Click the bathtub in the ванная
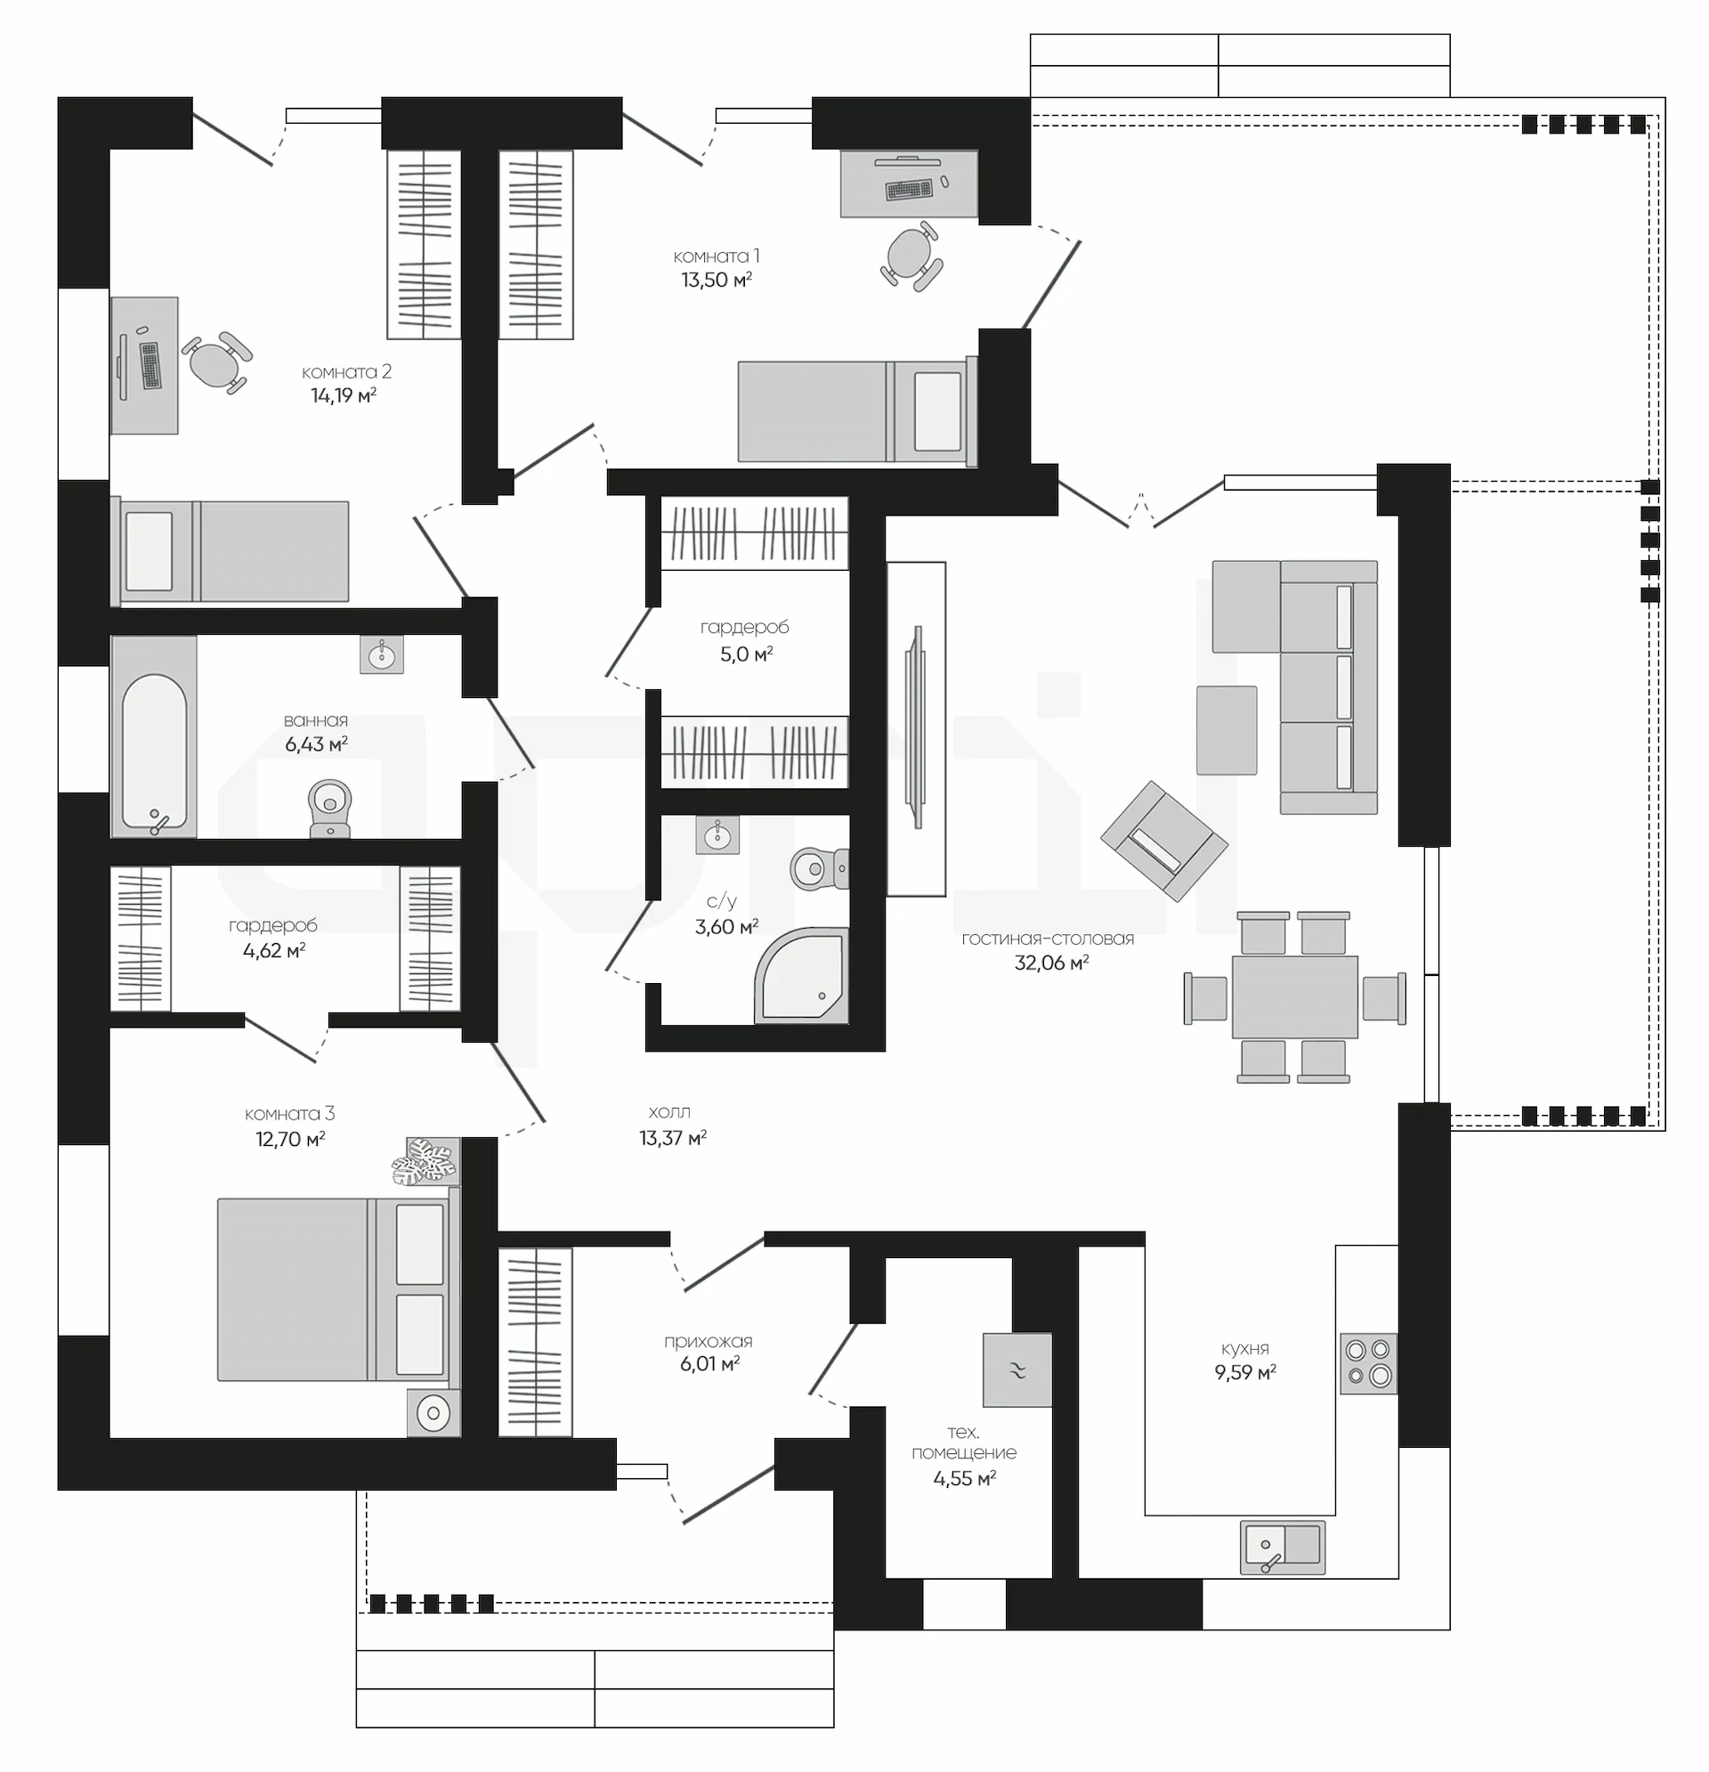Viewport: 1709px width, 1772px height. pyautogui.click(x=154, y=735)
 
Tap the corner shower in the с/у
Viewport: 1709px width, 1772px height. pyautogui.click(x=802, y=976)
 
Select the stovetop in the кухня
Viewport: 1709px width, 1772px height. pyautogui.click(x=1368, y=1363)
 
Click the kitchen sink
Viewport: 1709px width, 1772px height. pyautogui.click(x=1283, y=1547)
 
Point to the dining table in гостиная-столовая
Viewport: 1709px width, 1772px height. pyautogui.click(x=1294, y=997)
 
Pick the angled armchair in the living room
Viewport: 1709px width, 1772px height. pyautogui.click(x=1164, y=841)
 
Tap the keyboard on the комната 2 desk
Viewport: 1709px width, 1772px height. pyautogui.click(x=150, y=365)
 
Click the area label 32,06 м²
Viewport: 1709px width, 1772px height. pyautogui.click(x=1051, y=963)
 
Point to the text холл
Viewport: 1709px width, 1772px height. pyautogui.click(x=668, y=1112)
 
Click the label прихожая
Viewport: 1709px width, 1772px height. pyautogui.click(x=708, y=1341)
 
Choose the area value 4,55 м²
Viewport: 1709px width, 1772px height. pyautogui.click(x=964, y=1478)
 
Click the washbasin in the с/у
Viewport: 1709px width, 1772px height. pyautogui.click(x=717, y=834)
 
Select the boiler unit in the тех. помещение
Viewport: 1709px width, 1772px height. pyautogui.click(x=1016, y=1370)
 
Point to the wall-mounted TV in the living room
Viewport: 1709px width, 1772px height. pyautogui.click(x=917, y=727)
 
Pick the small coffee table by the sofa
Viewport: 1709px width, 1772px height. pyautogui.click(x=1227, y=729)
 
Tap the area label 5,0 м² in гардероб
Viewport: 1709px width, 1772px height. pyautogui.click(x=746, y=654)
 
